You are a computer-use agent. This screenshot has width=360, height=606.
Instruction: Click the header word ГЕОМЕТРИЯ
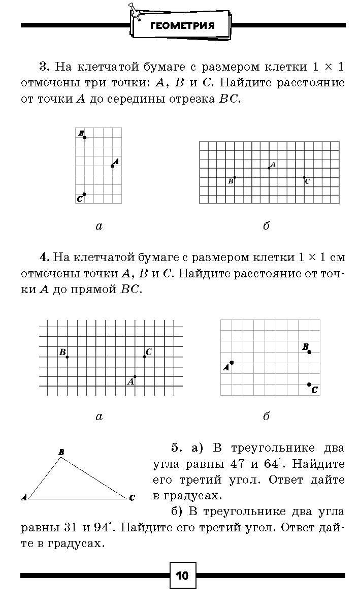click(182, 26)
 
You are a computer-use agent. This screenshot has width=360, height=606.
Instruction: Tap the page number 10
click(182, 576)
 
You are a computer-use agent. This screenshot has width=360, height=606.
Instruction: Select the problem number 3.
click(43, 67)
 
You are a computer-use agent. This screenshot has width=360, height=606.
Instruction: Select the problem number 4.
click(43, 258)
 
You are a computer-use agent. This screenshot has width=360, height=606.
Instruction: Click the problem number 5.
click(176, 448)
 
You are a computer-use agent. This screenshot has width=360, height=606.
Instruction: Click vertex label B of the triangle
click(61, 452)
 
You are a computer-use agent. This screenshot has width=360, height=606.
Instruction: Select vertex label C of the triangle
click(132, 498)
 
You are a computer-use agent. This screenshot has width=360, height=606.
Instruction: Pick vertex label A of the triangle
click(24, 498)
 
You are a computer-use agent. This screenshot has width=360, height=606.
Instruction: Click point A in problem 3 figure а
click(113, 166)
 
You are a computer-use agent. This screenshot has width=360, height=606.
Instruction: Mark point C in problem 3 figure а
click(84, 194)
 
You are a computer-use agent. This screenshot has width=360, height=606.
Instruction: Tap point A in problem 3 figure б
click(269, 168)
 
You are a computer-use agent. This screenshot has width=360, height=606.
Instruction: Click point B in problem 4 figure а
click(68, 357)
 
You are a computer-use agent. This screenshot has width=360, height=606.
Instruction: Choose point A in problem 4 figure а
click(135, 376)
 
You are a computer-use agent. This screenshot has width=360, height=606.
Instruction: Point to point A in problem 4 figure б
click(232, 363)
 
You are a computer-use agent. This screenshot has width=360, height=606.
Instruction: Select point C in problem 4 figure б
click(309, 385)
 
